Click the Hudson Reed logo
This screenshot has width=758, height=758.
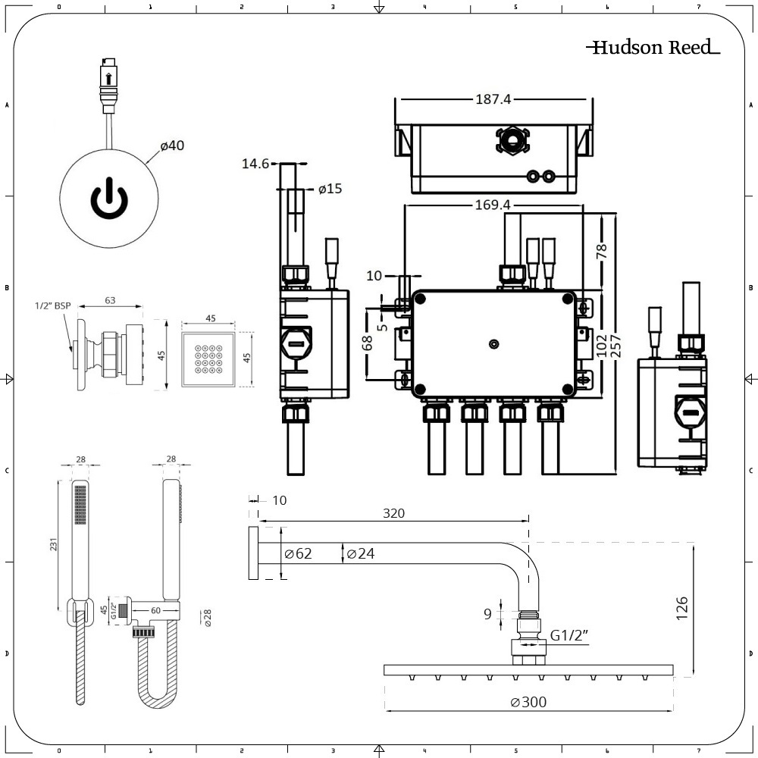pyautogui.click(x=653, y=48)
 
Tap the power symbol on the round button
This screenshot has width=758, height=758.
pyautogui.click(x=110, y=198)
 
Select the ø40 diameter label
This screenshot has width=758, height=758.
pyautogui.click(x=172, y=146)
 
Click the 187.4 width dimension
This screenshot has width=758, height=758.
pyautogui.click(x=493, y=99)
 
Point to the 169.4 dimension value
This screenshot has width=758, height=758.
pyautogui.click(x=493, y=205)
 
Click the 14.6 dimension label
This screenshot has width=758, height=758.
pyautogui.click(x=255, y=163)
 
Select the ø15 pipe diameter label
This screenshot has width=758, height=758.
pyautogui.click(x=330, y=189)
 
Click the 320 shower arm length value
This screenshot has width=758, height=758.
pyautogui.click(x=393, y=513)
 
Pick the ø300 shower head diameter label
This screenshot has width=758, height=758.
pyautogui.click(x=528, y=702)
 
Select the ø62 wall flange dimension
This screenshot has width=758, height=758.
pyautogui.click(x=298, y=554)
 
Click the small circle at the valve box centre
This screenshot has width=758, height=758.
pyautogui.click(x=494, y=345)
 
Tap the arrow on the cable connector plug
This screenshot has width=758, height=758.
pyautogui.click(x=109, y=77)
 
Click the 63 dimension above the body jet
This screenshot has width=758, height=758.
pyautogui.click(x=110, y=300)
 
